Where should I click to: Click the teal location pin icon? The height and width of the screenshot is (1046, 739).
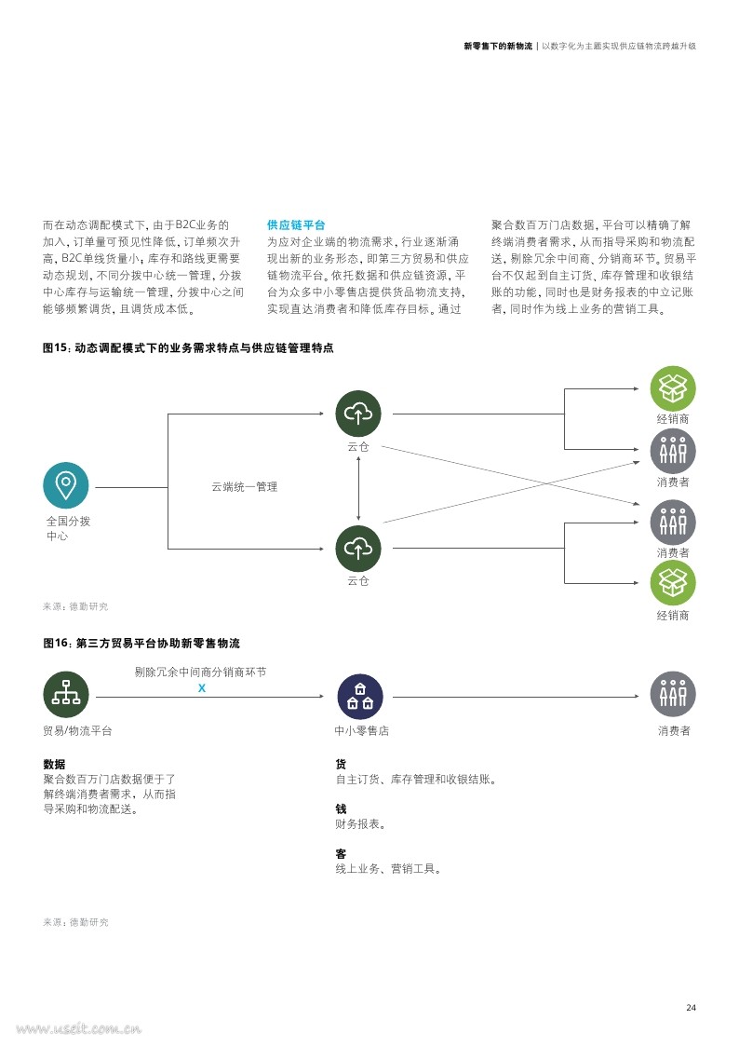[x=66, y=485]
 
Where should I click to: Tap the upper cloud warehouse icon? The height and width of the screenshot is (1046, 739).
[x=358, y=414]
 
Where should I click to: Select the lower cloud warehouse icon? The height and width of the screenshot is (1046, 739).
[x=358, y=549]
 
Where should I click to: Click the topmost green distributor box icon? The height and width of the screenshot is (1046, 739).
[x=673, y=388]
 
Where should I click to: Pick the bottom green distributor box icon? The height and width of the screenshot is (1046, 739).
[x=673, y=583]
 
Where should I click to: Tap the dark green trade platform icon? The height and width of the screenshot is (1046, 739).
[x=66, y=694]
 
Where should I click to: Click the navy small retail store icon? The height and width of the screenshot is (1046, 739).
[x=360, y=697]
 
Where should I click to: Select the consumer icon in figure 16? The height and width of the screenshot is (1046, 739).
[x=673, y=694]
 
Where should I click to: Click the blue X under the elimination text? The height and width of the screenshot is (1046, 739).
[x=202, y=687]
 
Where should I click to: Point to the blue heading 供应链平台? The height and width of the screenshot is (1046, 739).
[x=296, y=224]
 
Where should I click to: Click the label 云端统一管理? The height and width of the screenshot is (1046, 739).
[x=245, y=487]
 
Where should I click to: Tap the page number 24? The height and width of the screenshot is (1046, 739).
[x=691, y=1007]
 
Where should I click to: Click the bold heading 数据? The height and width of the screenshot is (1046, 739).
[x=54, y=764]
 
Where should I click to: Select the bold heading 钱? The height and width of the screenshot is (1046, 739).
[x=342, y=808]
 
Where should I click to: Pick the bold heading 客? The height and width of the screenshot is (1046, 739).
[x=342, y=853]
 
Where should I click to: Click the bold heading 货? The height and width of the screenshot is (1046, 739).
[x=342, y=764]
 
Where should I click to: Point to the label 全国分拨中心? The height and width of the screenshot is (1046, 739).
[x=68, y=528]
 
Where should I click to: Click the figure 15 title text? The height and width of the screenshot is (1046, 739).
[x=189, y=347]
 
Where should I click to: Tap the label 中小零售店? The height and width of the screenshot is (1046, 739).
[x=362, y=730]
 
